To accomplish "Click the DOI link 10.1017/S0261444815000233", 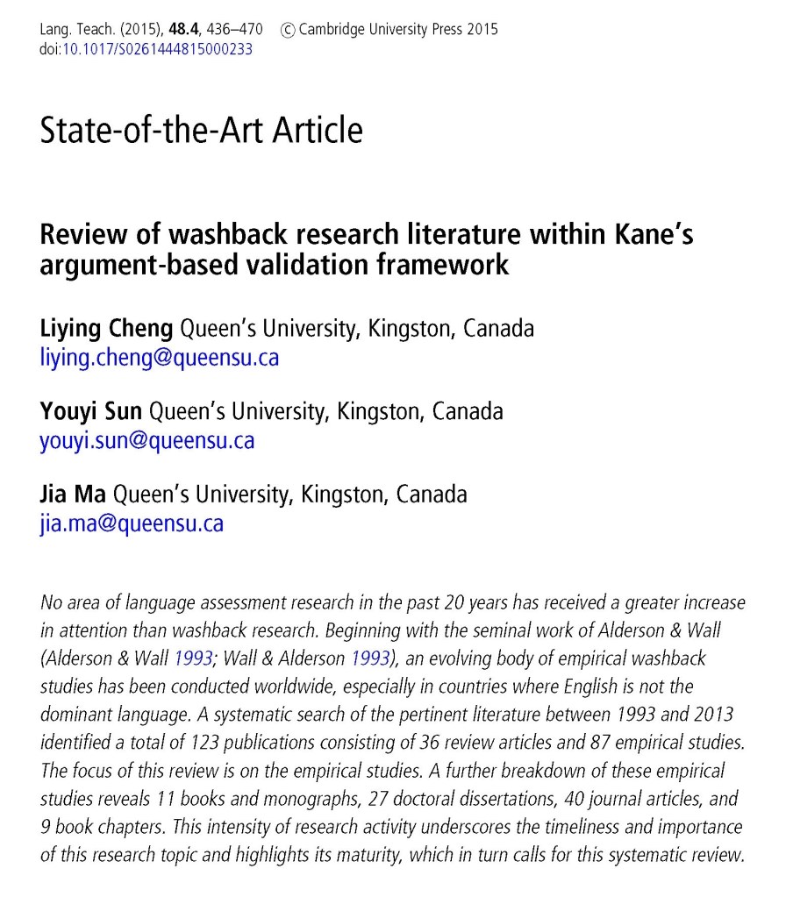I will [x=157, y=49].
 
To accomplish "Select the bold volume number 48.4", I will [x=184, y=30].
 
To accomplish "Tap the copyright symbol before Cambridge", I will [x=288, y=30].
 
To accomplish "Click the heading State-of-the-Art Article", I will [x=201, y=131].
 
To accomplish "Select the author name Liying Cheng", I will [x=107, y=329].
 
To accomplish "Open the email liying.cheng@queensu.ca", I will [x=160, y=357].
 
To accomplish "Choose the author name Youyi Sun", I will [x=90, y=411].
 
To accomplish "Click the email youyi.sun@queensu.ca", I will [x=147, y=439].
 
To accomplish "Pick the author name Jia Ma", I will [x=73, y=494].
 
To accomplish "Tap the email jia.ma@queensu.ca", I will [x=132, y=523].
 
